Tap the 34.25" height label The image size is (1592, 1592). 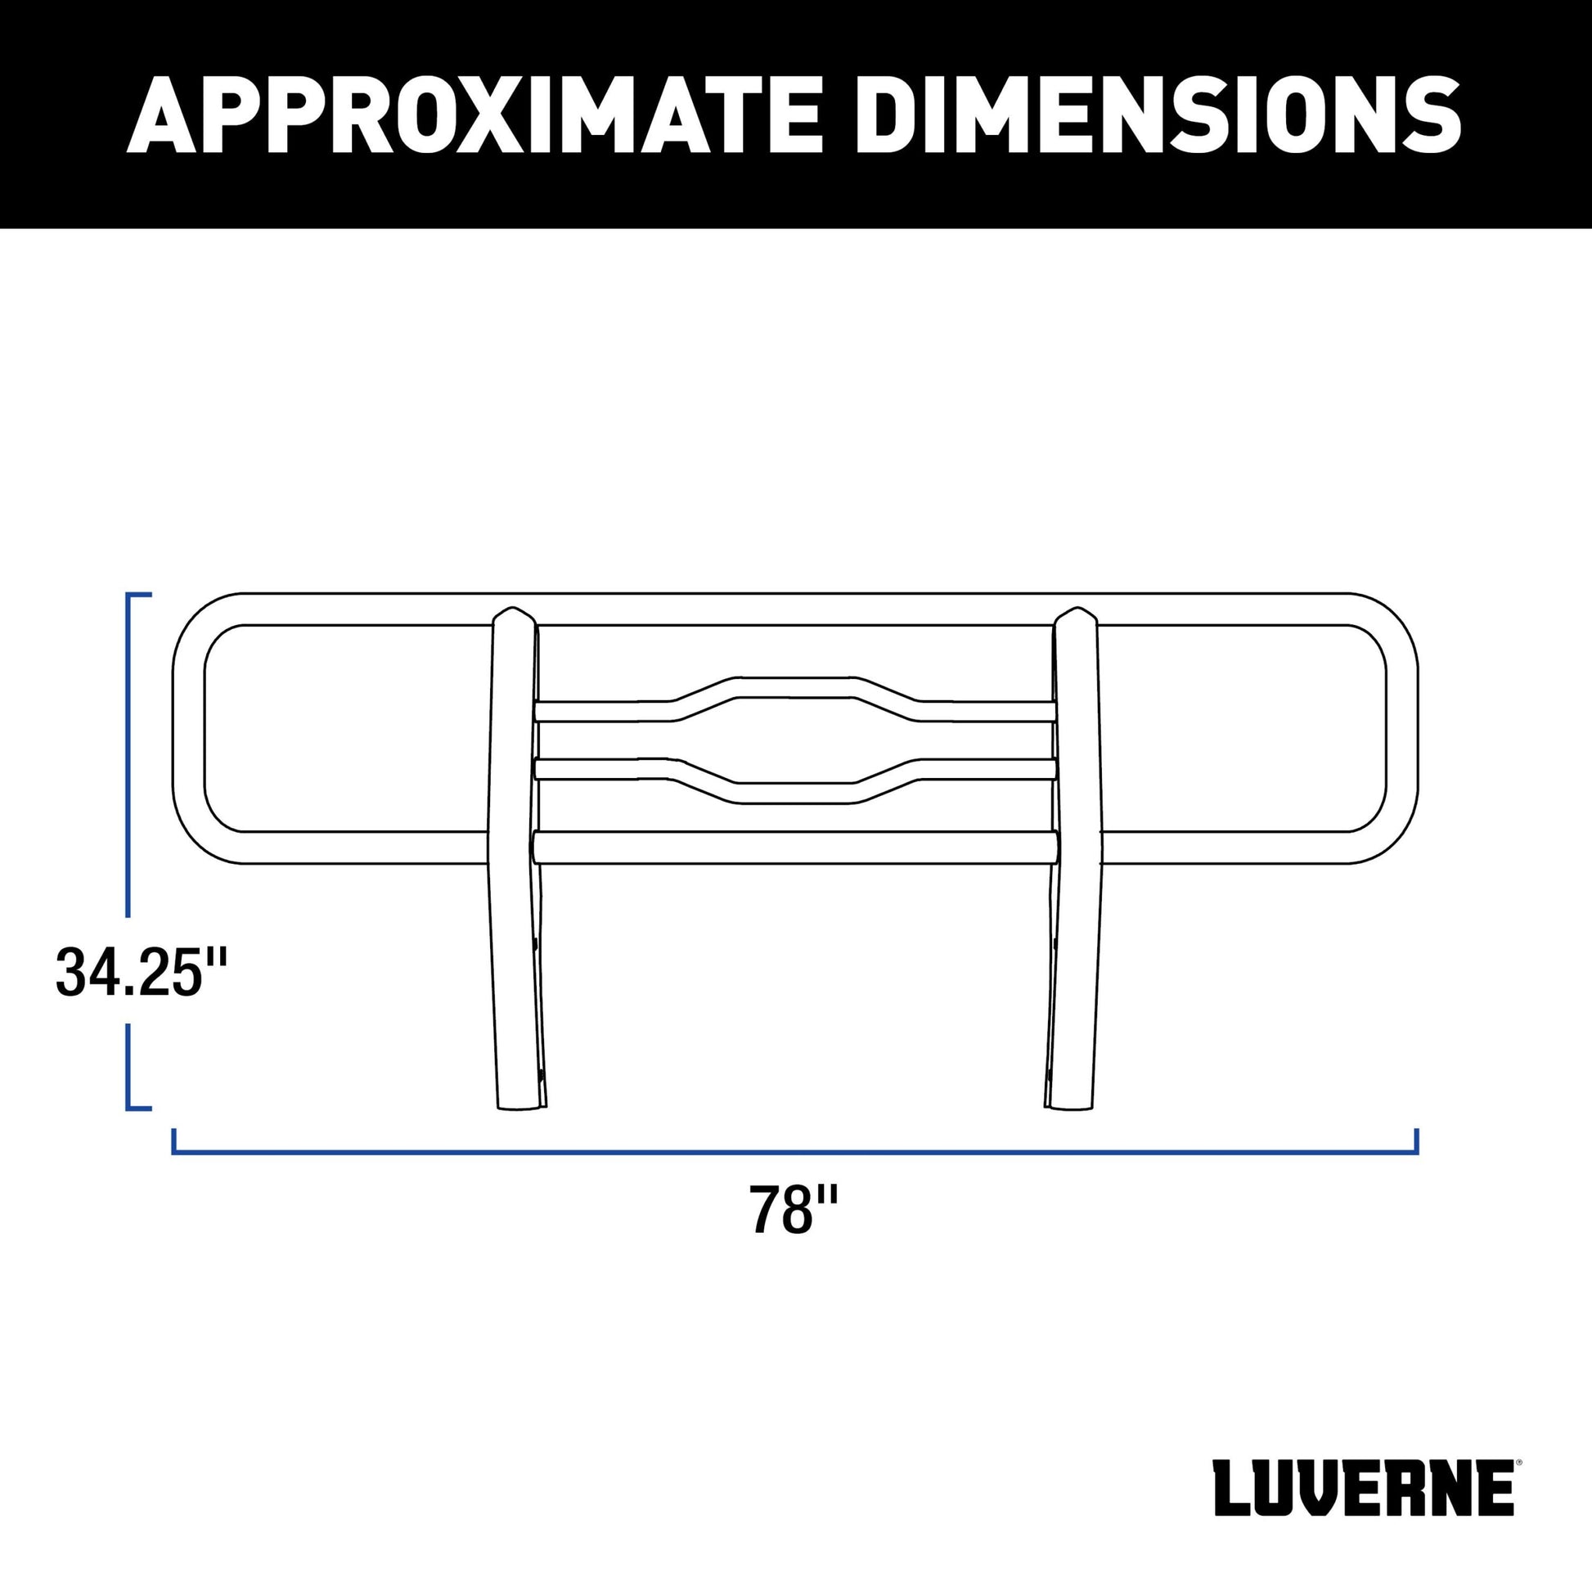pos(141,974)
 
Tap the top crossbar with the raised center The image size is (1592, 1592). pos(795,700)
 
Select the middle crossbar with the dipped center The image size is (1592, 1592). pos(795,781)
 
